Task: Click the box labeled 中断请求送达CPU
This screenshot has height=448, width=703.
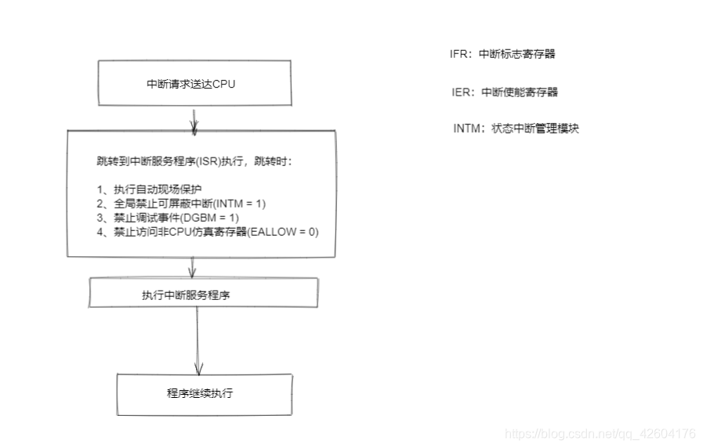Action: tap(191, 84)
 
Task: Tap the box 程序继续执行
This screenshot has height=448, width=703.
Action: tap(205, 393)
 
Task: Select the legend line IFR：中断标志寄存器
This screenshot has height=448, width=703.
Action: tap(502, 54)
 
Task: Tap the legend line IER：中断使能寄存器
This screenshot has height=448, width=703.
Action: tap(505, 92)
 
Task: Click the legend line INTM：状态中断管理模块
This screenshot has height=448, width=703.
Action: tap(516, 128)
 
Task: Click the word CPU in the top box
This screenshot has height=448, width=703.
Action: tap(224, 84)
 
